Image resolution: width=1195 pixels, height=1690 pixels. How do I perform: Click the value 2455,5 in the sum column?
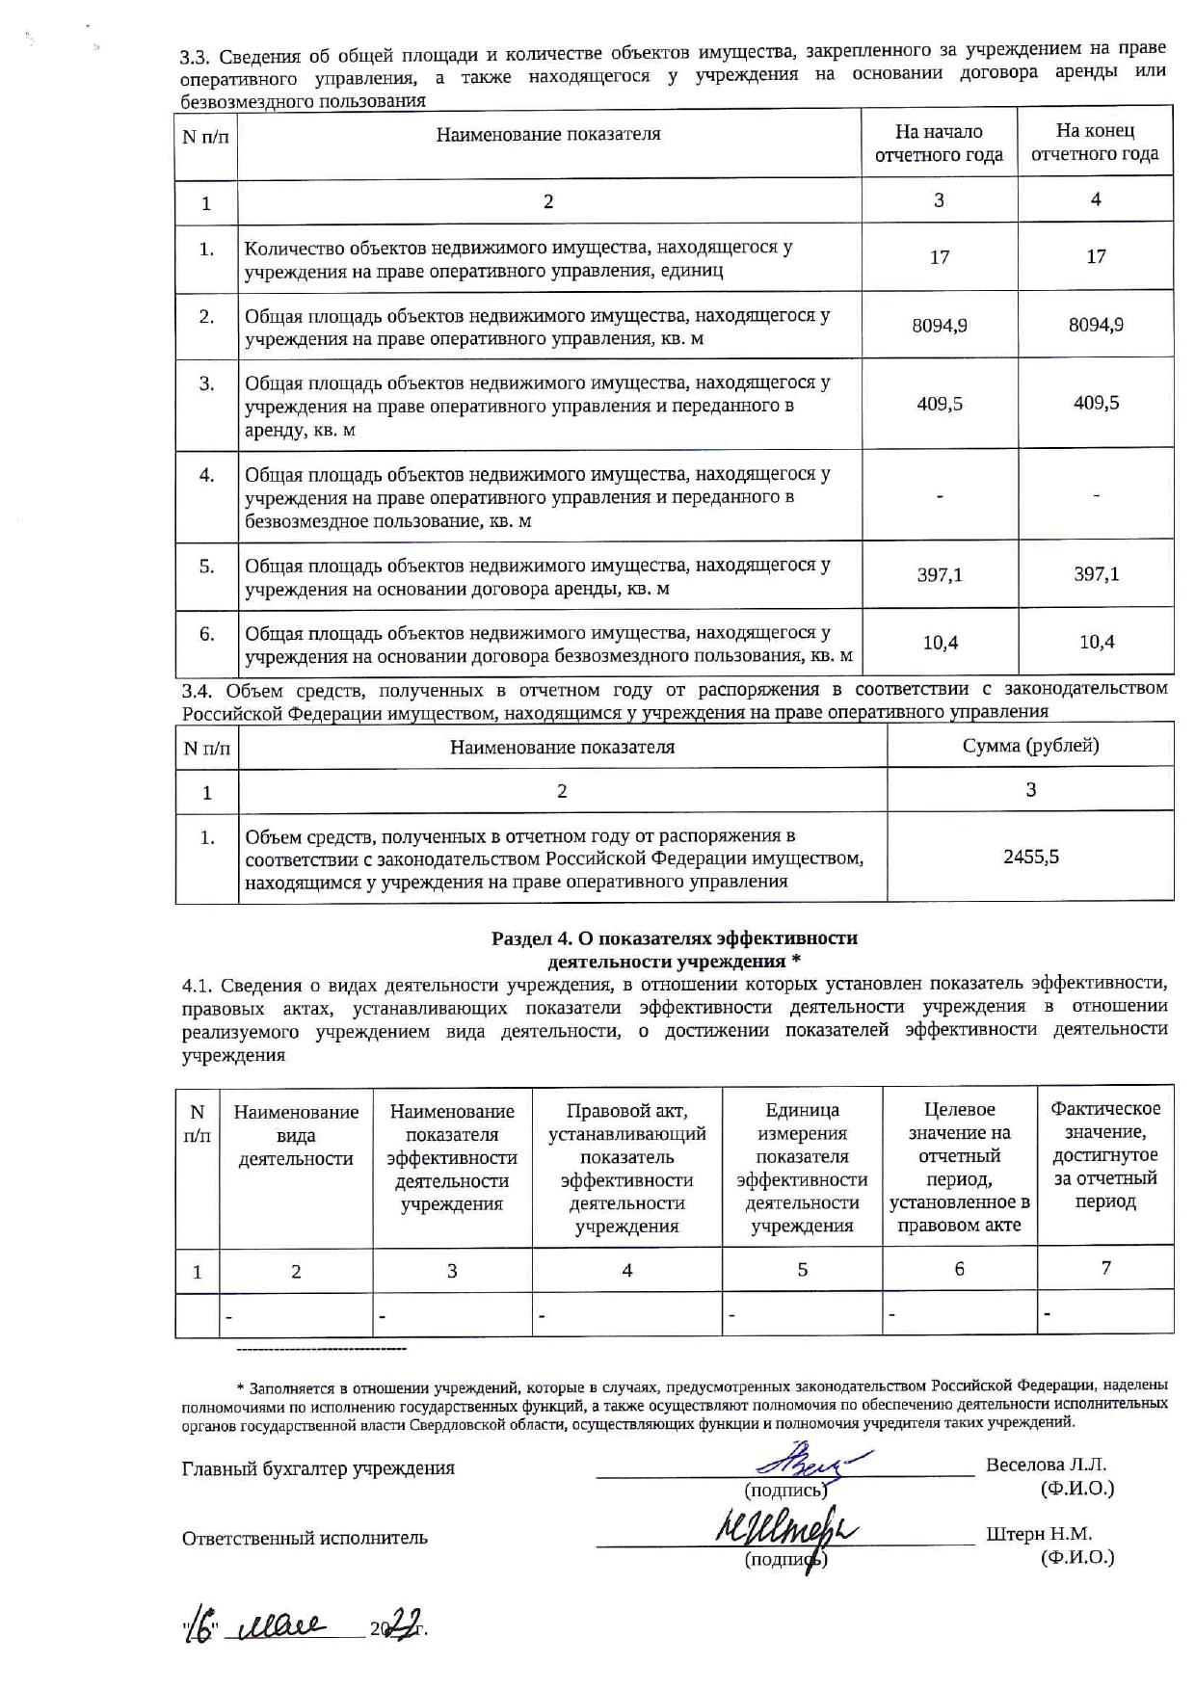point(1030,857)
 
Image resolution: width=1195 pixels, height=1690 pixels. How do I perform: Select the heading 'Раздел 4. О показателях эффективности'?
point(675,938)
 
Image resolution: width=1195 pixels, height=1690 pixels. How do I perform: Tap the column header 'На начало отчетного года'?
point(939,143)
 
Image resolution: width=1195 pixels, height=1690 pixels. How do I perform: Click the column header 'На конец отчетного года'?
point(1095,143)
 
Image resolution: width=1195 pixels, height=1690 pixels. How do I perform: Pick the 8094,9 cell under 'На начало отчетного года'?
point(940,326)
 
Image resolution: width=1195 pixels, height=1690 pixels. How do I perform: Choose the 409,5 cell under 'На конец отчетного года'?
point(1097,403)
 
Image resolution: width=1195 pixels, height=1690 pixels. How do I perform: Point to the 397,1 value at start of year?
point(940,575)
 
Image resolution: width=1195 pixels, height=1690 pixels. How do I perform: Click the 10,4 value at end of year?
point(1097,642)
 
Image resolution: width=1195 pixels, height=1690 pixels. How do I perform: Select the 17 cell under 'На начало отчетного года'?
point(940,257)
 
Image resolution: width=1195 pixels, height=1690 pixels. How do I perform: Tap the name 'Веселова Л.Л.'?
point(1047,1466)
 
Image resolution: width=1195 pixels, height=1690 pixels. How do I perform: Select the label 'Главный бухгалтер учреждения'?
point(318,1469)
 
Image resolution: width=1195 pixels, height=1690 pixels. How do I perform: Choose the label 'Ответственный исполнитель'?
point(305,1539)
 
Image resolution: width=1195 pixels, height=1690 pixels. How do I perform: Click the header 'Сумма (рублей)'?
point(1030,746)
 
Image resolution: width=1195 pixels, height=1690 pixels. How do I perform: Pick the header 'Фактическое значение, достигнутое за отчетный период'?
point(1105,1155)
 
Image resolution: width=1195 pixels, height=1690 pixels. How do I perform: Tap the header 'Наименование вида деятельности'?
point(296,1135)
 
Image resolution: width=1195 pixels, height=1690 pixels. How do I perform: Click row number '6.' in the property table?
point(206,634)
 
